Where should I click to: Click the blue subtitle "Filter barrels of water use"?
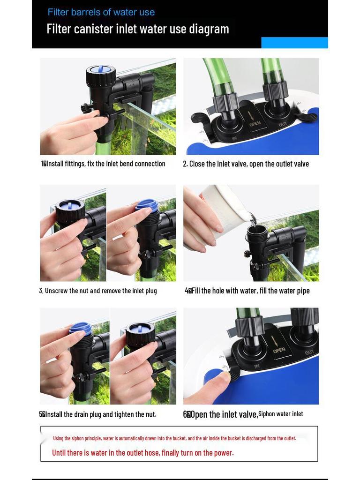[101, 12]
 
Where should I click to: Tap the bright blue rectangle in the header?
[294, 43]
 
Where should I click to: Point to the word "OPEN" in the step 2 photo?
[255, 124]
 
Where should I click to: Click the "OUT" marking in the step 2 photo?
[283, 124]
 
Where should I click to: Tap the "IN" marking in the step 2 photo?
[234, 139]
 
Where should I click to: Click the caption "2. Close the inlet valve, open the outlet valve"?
[246, 164]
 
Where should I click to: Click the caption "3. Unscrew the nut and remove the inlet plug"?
[98, 291]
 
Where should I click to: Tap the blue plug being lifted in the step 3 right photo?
[147, 204]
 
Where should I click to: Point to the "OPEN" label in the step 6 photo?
[279, 350]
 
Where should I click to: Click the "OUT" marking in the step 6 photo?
[309, 352]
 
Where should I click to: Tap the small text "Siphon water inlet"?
[281, 414]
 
